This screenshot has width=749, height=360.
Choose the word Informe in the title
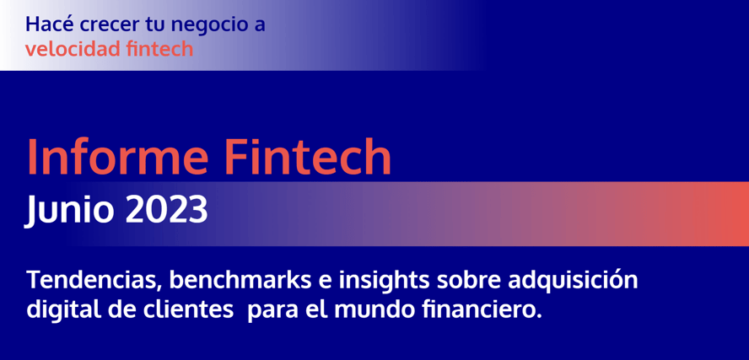(117, 156)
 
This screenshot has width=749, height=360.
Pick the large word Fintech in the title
(308, 156)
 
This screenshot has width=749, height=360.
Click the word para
(271, 312)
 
